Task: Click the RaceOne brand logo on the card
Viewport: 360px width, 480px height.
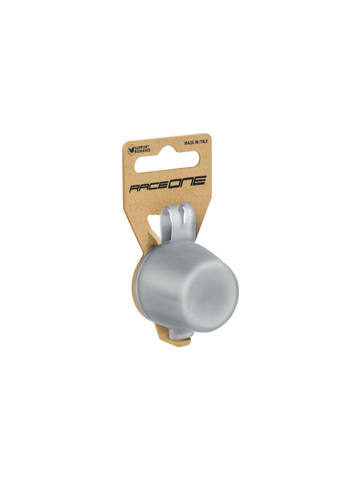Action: coord(167,184)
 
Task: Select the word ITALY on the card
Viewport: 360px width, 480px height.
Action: coord(203,142)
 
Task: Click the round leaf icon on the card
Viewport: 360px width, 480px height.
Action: coord(131,150)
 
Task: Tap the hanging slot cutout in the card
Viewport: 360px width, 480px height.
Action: coord(167,160)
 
